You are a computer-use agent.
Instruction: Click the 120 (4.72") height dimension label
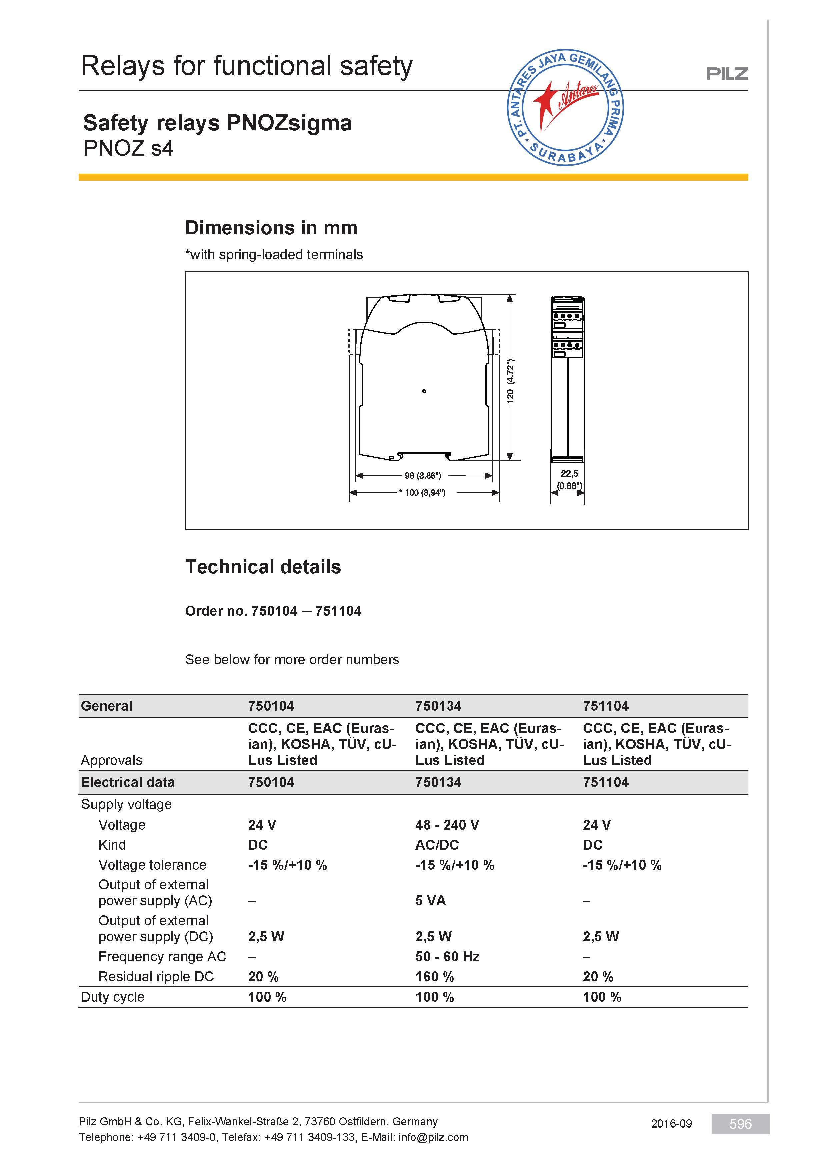point(510,381)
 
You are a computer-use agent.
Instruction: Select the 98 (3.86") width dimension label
point(423,476)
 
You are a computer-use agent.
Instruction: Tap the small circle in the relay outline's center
point(424,391)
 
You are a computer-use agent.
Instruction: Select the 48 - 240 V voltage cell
point(447,825)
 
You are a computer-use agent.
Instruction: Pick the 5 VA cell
point(430,901)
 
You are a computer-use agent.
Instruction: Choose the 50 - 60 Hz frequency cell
point(447,957)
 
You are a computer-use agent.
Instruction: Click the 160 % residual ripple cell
point(434,976)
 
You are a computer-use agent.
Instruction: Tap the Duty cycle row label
point(113,997)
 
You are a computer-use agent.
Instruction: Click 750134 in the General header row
point(438,706)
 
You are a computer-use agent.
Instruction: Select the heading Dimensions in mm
point(271,228)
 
